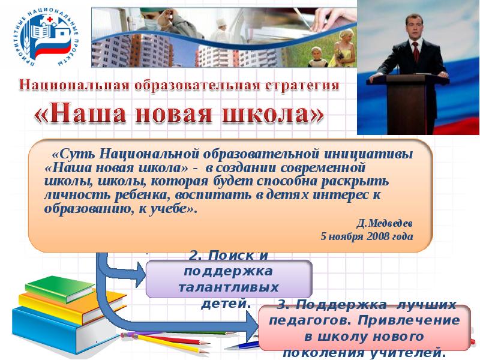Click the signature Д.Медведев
[x=385, y=223]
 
